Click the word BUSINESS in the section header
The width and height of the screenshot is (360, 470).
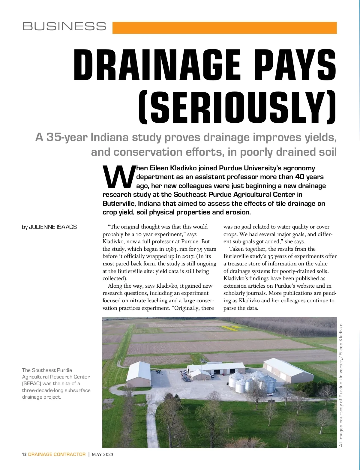64,26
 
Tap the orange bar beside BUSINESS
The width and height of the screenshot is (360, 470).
224,28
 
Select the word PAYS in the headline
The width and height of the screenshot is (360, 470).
295,66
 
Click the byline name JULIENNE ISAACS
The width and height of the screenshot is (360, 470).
53,227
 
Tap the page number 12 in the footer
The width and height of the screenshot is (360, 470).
24,454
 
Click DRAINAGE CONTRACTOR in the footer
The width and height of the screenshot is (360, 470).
57,454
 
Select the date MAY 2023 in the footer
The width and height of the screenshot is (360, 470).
103,454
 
